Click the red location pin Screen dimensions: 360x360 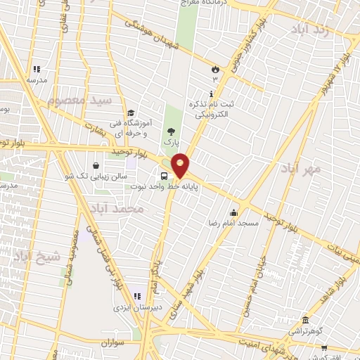pyautogui.click(x=180, y=165)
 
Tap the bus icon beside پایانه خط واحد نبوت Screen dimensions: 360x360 pyautogui.click(x=164, y=176)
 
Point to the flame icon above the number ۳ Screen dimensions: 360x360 pyautogui.click(x=214, y=69)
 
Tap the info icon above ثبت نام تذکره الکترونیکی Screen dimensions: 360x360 pyautogui.click(x=211, y=94)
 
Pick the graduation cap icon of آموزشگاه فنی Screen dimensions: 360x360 pyautogui.click(x=131, y=113)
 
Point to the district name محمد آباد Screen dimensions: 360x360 pyautogui.click(x=117, y=209)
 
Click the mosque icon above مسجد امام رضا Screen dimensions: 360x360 pyautogui.click(x=234, y=212)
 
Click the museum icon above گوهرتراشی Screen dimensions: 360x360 pyautogui.click(x=304, y=319)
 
